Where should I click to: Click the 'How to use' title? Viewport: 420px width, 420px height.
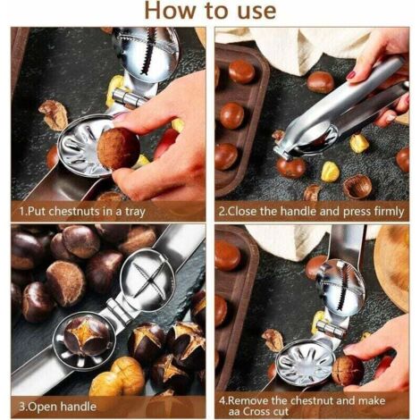[210, 11]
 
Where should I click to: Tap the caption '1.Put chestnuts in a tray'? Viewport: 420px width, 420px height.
[82, 212]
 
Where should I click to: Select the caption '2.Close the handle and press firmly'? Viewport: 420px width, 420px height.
[311, 212]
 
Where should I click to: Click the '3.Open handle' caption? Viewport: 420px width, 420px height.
[57, 407]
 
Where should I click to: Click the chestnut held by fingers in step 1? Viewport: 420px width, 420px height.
[119, 148]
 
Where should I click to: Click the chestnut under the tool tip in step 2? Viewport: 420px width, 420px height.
[291, 168]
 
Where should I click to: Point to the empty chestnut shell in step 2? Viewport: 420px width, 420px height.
[357, 187]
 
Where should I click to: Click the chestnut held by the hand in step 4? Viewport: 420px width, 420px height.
[348, 371]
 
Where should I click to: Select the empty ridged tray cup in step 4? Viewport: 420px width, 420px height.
[306, 365]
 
